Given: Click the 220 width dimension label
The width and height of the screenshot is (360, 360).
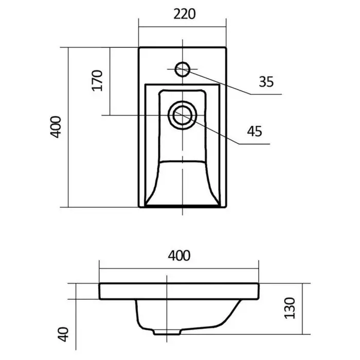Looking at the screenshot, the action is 184,14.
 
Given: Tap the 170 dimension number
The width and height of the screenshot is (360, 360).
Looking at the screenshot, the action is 97,81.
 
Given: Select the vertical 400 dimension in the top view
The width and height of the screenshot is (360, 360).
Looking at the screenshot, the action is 56,127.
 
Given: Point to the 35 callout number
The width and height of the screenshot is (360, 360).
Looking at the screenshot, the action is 266,82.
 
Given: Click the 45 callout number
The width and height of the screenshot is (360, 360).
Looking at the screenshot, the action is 255,132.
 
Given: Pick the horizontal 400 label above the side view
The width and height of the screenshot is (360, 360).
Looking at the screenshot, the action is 179,256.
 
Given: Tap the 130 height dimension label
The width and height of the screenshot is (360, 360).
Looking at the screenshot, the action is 290,308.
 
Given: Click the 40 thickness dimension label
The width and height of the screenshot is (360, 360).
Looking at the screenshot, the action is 63,334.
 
